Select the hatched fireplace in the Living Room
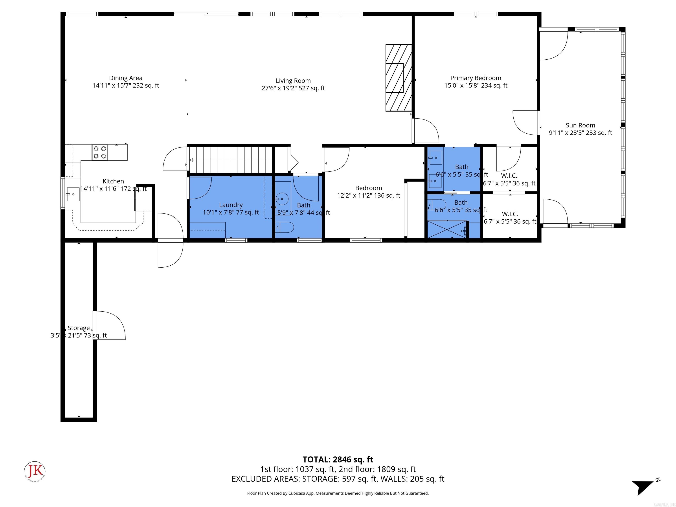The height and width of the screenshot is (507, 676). [x=399, y=78]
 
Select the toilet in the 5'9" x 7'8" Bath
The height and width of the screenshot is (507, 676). [x=285, y=227]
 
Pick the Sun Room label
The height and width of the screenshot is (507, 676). [x=580, y=125]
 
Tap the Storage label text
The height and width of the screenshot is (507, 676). [x=79, y=328]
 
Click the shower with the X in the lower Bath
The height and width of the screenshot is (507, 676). [x=446, y=229]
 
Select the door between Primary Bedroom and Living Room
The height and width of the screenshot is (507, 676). [x=425, y=131]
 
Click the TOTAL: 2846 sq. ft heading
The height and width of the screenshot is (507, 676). [x=338, y=459]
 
